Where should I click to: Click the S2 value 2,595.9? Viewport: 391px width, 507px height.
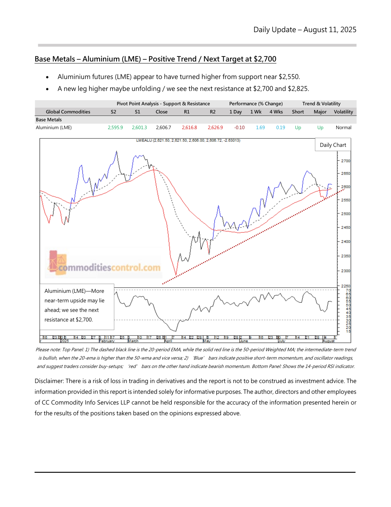115,128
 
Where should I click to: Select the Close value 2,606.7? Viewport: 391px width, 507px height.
163,128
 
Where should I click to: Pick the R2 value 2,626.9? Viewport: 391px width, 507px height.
215,128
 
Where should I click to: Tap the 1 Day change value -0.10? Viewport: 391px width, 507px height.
239,128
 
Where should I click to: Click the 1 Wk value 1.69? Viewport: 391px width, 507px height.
260,128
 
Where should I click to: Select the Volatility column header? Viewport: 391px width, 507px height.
343,112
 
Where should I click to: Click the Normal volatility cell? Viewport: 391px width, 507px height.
343,128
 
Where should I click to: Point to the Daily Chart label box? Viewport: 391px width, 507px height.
333,145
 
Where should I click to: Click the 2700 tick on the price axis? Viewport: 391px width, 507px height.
345,161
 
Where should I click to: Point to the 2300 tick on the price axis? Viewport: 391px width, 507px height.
345,271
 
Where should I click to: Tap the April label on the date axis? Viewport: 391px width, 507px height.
168,341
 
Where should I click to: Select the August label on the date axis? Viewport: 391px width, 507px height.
328,341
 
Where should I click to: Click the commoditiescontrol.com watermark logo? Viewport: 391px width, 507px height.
104,264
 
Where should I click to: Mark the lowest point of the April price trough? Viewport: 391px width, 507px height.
176,275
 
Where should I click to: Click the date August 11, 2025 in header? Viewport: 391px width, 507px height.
330,30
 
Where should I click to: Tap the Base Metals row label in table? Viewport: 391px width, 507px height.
49,120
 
